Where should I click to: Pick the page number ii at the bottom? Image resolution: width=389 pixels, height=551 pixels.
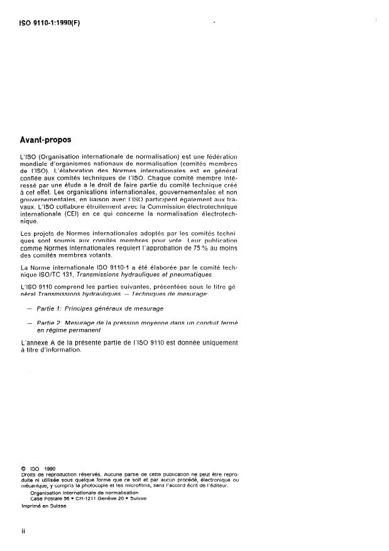[23, 532]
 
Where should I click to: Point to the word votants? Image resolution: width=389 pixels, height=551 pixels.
[99, 272]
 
